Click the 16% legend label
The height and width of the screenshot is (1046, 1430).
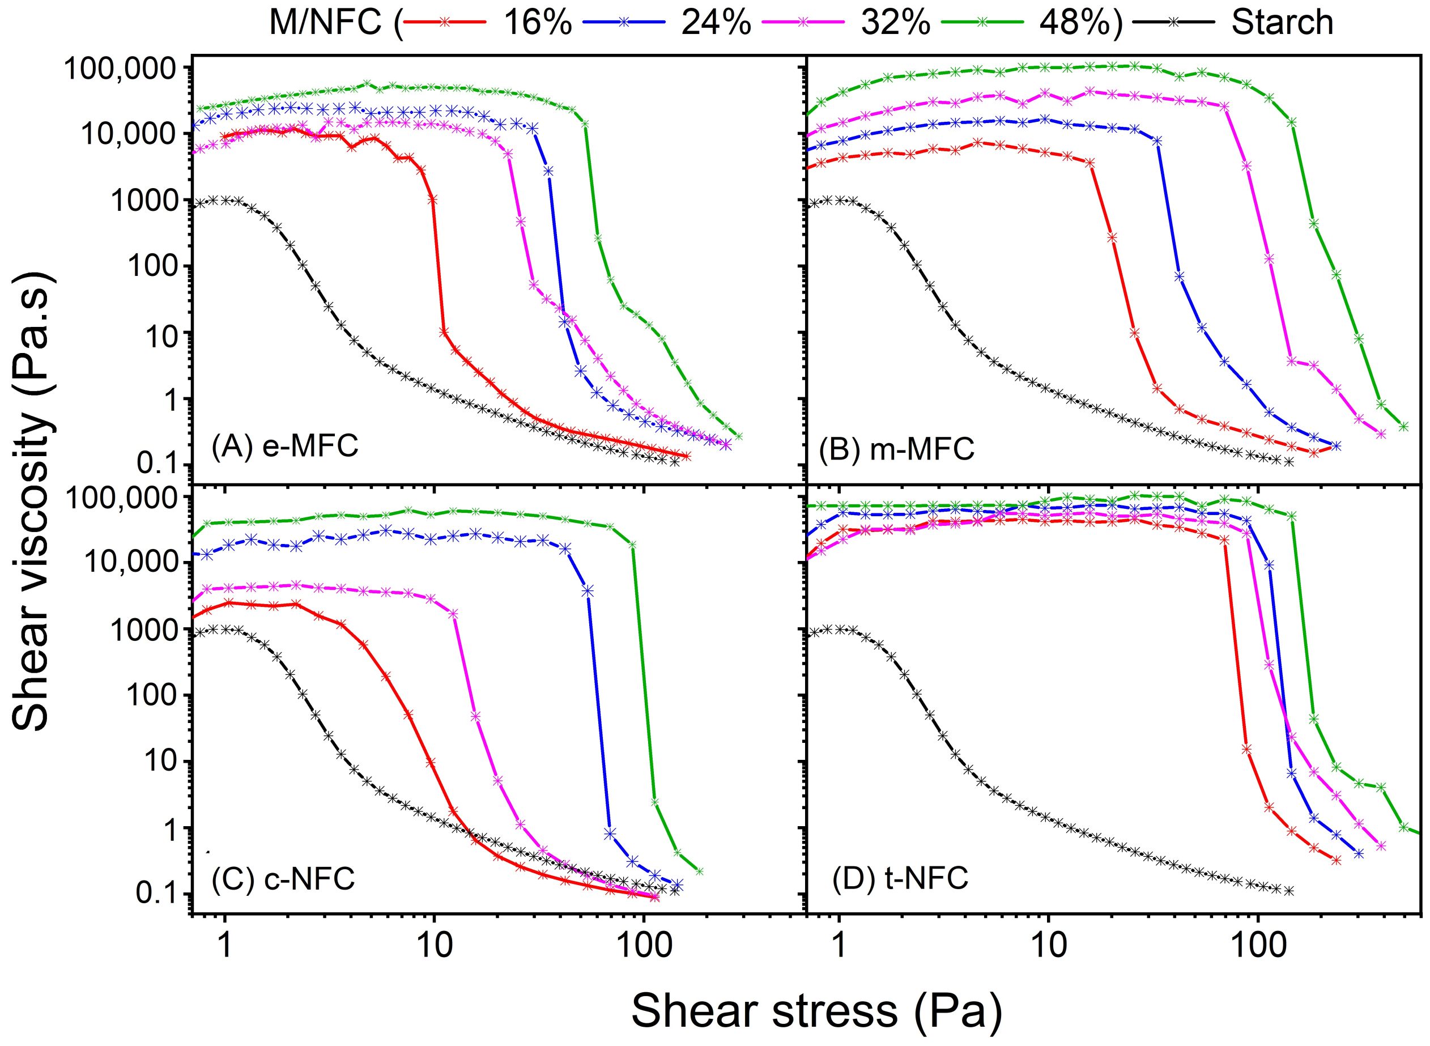pos(538,22)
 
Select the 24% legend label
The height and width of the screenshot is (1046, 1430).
pos(716,22)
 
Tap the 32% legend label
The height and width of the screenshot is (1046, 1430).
pos(895,22)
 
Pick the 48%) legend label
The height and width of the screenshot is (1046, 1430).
pos(1080,22)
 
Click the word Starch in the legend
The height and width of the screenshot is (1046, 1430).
pos(1282,22)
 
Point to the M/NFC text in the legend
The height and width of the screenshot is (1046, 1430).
pos(325,22)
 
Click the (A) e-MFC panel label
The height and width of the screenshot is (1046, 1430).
pos(285,446)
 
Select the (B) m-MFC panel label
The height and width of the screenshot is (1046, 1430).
pos(896,449)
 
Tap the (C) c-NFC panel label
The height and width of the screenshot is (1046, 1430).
pos(283,879)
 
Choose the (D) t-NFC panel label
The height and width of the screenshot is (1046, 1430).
pos(900,879)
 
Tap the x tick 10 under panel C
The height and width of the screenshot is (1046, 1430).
pos(434,945)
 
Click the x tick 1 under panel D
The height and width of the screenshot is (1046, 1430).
pos(839,945)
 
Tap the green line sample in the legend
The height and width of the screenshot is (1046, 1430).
pos(982,22)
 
